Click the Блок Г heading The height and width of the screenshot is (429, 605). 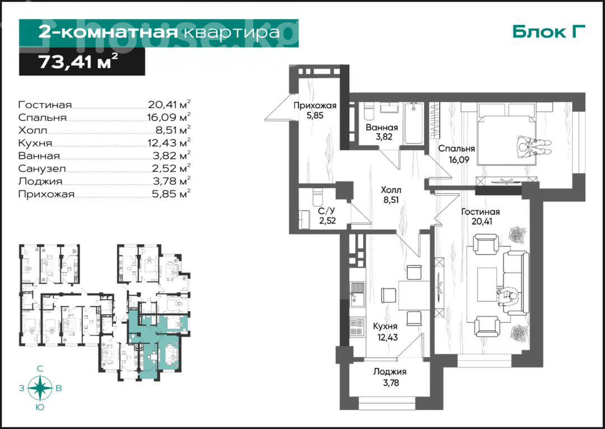point(549,31)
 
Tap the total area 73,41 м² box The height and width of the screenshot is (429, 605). point(82,62)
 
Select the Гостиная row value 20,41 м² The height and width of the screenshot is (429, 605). point(169,104)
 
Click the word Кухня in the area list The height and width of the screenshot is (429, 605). point(35,143)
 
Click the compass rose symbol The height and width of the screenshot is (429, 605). point(40,388)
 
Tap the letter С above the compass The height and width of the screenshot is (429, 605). point(40,369)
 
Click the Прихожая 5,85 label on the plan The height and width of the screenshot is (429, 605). point(315,110)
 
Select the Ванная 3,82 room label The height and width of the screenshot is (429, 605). point(381,132)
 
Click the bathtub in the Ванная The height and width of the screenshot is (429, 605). point(414,123)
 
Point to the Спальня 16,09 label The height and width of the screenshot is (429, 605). point(455,153)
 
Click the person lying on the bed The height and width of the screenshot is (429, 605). point(534,147)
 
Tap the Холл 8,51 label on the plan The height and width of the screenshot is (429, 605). point(391,194)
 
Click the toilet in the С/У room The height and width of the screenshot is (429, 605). point(317,198)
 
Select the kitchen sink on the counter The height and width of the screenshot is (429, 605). point(357,295)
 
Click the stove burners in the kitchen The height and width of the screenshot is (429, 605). point(357,327)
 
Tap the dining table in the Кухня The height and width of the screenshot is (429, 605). point(414,295)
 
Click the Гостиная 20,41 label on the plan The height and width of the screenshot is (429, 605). point(481,216)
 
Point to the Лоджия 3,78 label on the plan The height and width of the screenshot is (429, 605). point(390,377)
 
